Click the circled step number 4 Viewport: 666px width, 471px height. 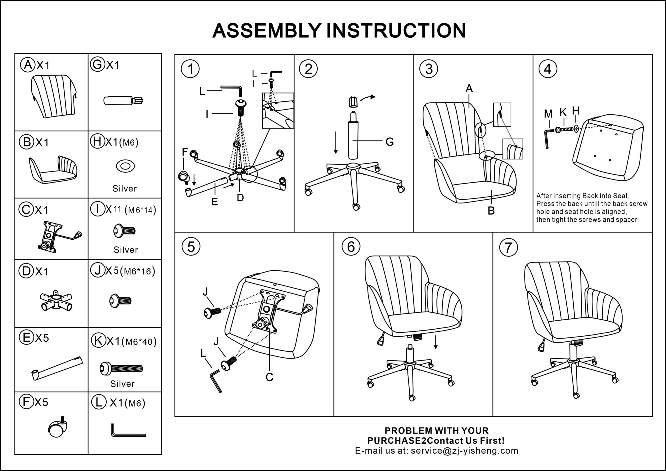548,69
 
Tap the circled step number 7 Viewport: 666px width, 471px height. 508,248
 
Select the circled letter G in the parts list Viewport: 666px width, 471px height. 97,64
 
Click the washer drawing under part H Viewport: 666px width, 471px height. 125,166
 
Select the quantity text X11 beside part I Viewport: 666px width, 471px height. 113,209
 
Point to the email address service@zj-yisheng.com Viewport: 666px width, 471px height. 464,450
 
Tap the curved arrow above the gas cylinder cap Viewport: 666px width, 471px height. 368,98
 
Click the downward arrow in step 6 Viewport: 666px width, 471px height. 436,342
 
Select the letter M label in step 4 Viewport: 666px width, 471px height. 548,114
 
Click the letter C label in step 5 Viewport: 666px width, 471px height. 269,377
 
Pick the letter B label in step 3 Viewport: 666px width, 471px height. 491,211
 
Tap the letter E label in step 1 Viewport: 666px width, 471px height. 214,202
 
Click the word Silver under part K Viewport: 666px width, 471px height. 123,384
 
